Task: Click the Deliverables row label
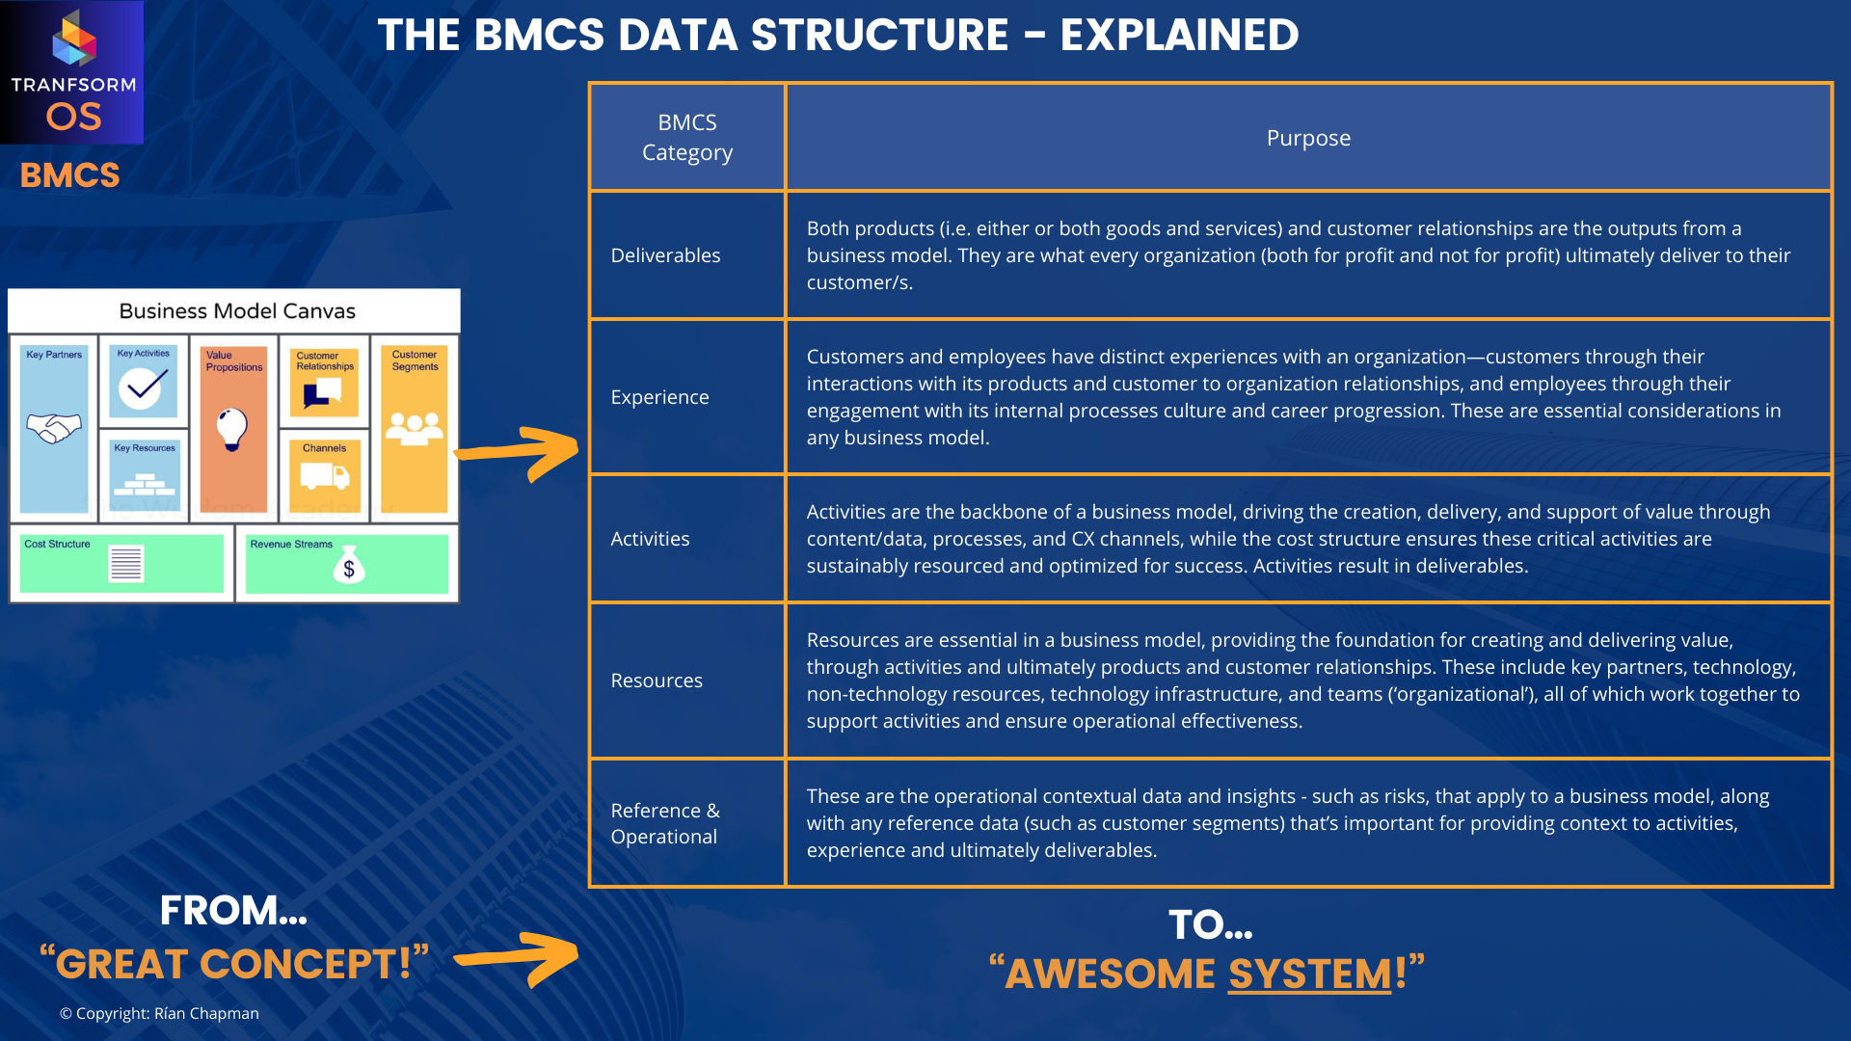tap(665, 255)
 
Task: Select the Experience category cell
tap(659, 397)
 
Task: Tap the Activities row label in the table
tap(650, 539)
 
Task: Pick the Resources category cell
tap(657, 681)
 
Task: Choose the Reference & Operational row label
tap(665, 823)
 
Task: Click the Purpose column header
tap(1308, 138)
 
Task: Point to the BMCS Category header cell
tap(687, 137)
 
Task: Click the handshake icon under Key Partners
tap(54, 427)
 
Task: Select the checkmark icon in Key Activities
tap(142, 387)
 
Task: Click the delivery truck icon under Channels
tap(324, 475)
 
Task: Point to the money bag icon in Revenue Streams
tap(348, 566)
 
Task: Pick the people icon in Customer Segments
tap(415, 427)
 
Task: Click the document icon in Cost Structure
tap(126, 564)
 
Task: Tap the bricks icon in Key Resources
tap(144, 482)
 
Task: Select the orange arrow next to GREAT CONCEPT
tap(521, 958)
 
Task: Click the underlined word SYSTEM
tap(1309, 974)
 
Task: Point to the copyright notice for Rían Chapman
tap(159, 1013)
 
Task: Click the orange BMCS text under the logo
tap(69, 175)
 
